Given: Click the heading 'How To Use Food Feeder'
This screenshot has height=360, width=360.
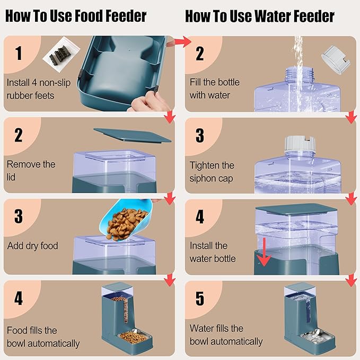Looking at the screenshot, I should (75, 16).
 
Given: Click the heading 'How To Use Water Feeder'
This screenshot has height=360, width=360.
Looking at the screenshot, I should (259, 16).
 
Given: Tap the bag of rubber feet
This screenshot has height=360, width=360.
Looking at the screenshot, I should (57, 57).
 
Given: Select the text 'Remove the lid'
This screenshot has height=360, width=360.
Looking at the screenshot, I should (31, 170).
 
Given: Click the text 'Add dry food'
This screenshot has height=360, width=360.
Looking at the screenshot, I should (32, 246).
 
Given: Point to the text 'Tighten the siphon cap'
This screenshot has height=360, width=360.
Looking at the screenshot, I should (212, 172).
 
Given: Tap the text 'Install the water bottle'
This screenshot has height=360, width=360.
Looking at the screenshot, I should (213, 252).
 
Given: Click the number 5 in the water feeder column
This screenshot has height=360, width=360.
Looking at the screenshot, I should (199, 298).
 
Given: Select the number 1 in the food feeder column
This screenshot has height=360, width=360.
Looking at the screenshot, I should (19, 53).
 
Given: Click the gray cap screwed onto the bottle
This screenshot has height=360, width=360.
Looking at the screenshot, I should (301, 145).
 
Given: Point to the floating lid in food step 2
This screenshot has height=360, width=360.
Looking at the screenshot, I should (133, 135).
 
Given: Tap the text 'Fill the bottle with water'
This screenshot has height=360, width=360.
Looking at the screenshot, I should (215, 89).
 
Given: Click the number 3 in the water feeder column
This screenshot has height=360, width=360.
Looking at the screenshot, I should (199, 135).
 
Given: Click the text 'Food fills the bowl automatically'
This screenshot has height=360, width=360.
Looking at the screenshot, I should (43, 337).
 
